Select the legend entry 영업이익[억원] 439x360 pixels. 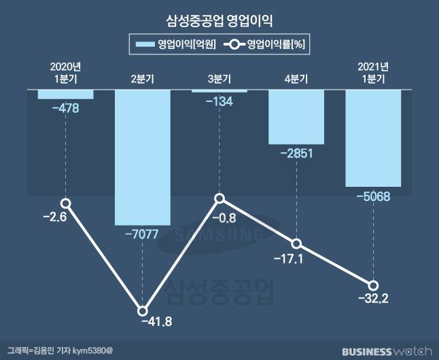(x=176, y=46)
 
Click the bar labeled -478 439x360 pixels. (x=65, y=94)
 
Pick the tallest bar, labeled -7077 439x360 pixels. (x=142, y=156)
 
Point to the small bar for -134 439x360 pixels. (x=219, y=91)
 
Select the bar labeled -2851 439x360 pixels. (x=296, y=116)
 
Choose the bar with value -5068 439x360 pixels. (x=373, y=138)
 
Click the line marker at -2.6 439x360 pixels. (x=65, y=203)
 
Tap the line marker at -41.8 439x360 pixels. (x=143, y=311)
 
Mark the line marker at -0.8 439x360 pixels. (x=219, y=198)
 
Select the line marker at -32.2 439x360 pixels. (x=373, y=286)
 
